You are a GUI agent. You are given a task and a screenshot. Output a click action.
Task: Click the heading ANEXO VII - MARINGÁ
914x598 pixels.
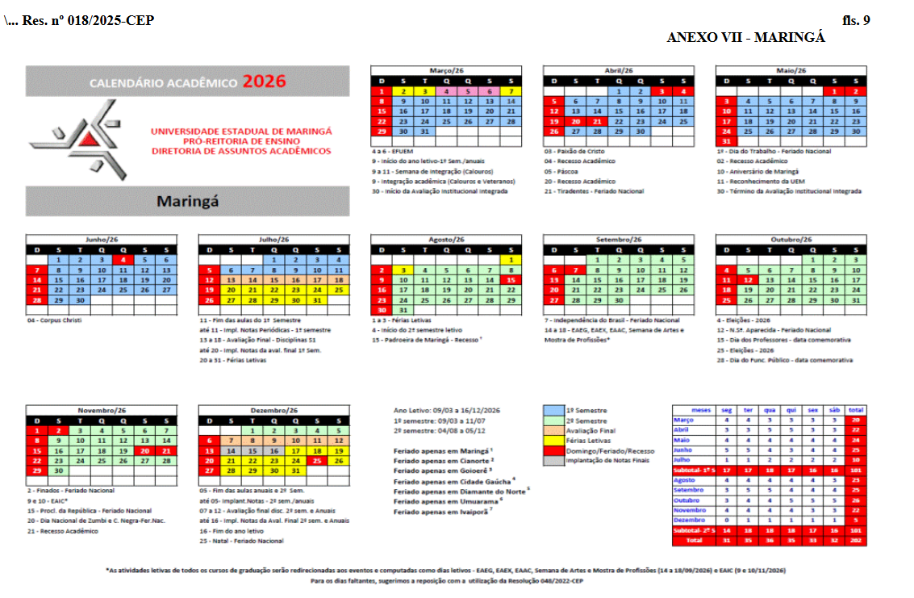(745, 37)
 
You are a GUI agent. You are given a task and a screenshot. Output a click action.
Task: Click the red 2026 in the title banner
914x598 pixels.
(265, 81)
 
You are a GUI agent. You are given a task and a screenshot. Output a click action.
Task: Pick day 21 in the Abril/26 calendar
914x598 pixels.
(598, 121)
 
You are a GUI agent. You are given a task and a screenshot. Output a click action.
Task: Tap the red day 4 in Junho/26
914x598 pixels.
(123, 260)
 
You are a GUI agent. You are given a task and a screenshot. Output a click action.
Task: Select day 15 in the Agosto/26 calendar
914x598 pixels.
(511, 279)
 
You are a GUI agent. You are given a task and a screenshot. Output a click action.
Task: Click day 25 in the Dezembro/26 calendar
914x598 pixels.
(317, 460)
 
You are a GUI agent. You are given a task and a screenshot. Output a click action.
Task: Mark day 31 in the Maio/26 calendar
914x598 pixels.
(727, 141)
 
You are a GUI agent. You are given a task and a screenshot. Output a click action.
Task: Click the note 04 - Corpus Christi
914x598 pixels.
(55, 320)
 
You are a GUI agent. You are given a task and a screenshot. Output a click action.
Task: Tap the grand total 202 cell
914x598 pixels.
(856, 539)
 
